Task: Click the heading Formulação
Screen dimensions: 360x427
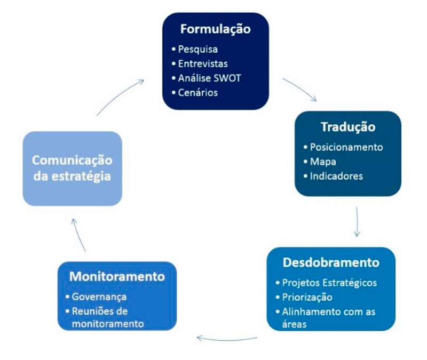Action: [215, 28]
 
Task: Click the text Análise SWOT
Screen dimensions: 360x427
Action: [209, 78]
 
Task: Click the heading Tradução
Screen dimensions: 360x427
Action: [347, 127]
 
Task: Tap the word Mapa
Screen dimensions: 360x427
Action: [323, 162]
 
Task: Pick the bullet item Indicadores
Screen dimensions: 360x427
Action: [336, 176]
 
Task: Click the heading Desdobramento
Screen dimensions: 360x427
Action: [331, 263]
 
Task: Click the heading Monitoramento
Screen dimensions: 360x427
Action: [116, 277]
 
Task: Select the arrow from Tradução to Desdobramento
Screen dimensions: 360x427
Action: [357, 222]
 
